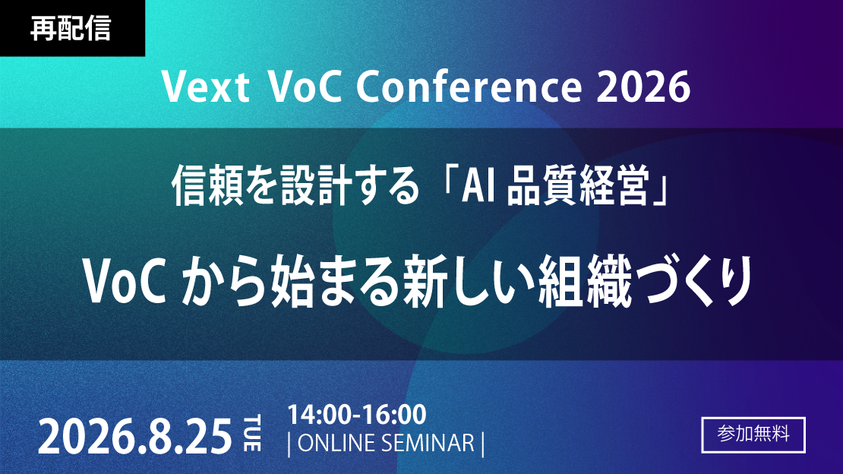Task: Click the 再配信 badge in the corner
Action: pos(72,28)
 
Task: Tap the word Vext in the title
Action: pos(205,87)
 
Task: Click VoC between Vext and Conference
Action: pos(305,87)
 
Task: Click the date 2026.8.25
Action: pos(134,436)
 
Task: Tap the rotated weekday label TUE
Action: pos(252,433)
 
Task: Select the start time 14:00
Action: pos(318,414)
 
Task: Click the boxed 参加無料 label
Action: pos(753,434)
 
